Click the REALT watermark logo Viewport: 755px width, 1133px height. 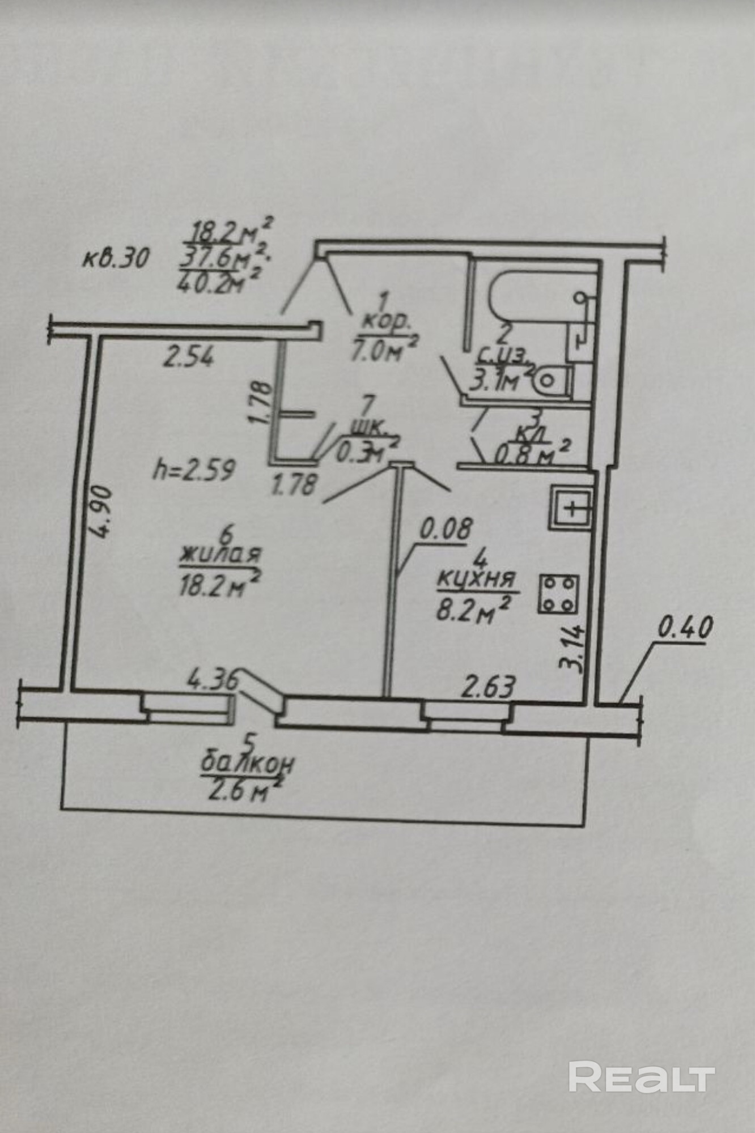[x=641, y=1077]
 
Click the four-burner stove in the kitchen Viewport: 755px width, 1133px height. [x=558, y=594]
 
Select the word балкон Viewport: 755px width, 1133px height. [x=247, y=764]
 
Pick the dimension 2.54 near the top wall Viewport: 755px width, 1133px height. [x=188, y=358]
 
